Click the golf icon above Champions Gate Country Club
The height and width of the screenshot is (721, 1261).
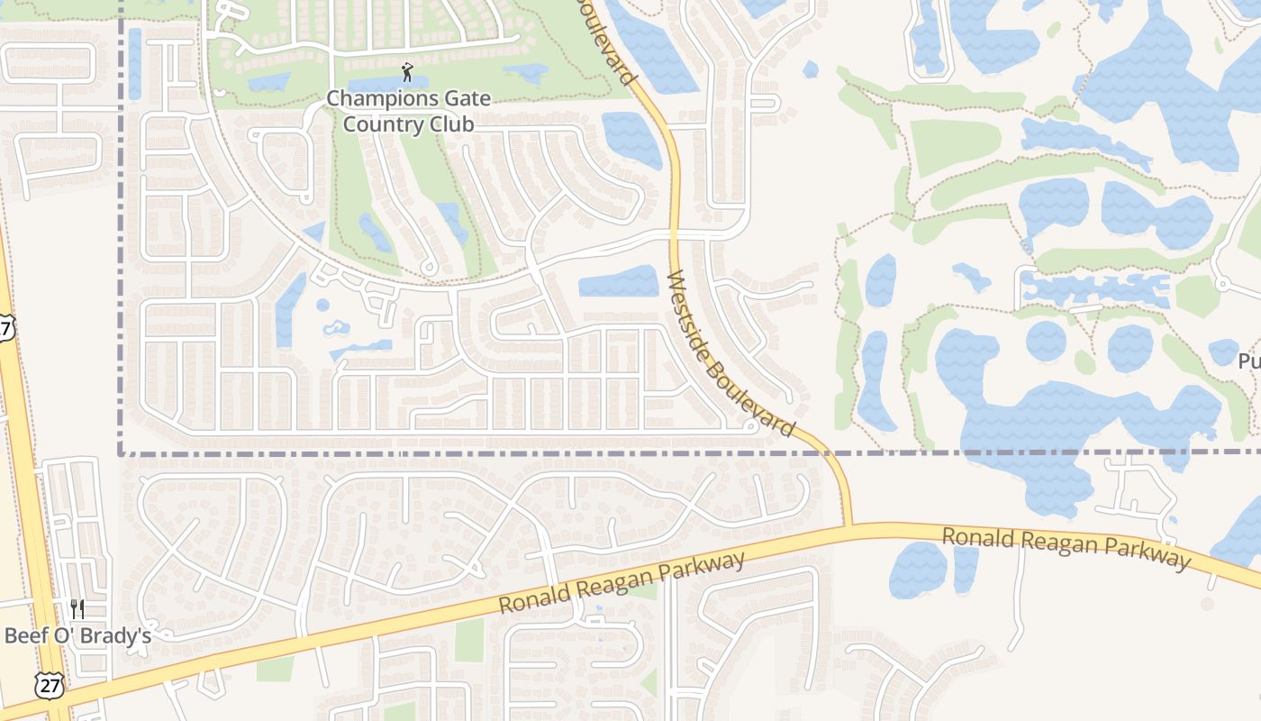click(408, 72)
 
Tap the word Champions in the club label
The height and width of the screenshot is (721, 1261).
click(369, 98)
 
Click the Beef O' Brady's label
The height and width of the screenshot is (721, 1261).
click(77, 635)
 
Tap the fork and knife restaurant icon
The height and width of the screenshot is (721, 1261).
click(77, 609)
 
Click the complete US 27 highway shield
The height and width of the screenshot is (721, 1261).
click(50, 685)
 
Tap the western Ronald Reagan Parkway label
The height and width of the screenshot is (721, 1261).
click(621, 583)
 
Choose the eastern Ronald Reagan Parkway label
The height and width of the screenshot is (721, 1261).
click(1066, 548)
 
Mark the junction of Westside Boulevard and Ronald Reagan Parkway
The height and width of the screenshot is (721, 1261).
click(848, 525)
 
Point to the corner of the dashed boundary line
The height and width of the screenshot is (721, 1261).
click(121, 454)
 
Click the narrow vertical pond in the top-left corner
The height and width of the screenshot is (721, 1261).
click(135, 63)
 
